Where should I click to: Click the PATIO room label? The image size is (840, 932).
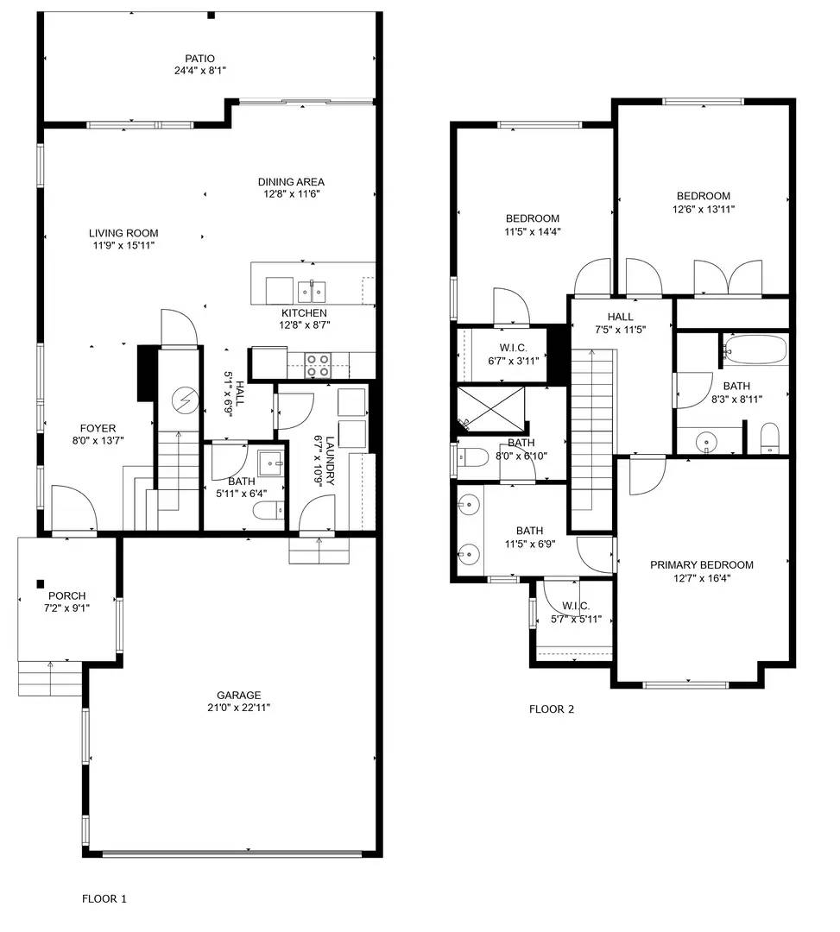click(199, 59)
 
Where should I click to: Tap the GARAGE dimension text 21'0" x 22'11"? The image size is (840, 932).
click(238, 708)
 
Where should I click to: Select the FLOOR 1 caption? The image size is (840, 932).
click(104, 898)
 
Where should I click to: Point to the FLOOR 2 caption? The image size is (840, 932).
click(552, 709)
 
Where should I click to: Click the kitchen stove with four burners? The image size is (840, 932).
click(318, 365)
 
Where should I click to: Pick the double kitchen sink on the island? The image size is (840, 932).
click(312, 292)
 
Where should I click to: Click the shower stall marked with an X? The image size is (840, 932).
click(491, 408)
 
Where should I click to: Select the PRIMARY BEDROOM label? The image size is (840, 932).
click(702, 564)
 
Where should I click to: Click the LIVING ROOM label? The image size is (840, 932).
click(123, 233)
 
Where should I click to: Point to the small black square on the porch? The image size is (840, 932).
click(41, 583)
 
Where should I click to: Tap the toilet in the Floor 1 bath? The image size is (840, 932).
click(268, 511)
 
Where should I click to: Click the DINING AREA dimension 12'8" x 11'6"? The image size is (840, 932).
click(292, 194)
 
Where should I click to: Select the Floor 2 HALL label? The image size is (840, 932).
click(620, 317)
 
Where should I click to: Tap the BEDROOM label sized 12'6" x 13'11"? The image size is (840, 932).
click(704, 196)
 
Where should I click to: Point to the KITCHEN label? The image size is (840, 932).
click(304, 312)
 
